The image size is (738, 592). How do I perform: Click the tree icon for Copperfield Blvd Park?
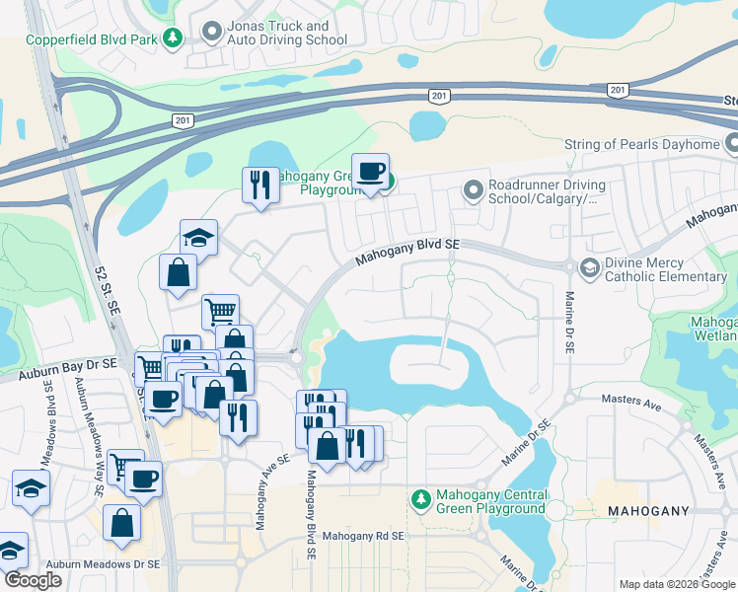coord(174,37)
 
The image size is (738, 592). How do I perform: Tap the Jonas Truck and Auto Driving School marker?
coord(210,33)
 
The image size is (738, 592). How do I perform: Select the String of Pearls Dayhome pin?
coord(731,145)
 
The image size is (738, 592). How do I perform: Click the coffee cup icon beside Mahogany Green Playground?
coord(370,173)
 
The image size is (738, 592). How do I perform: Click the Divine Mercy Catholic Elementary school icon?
coord(589,267)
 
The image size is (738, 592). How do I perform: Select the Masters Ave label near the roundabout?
coord(631,402)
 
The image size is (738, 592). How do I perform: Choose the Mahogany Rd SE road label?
coord(364,536)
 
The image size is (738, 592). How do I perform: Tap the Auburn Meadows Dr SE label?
coord(95,564)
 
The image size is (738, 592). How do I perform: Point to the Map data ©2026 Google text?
coord(676,584)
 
